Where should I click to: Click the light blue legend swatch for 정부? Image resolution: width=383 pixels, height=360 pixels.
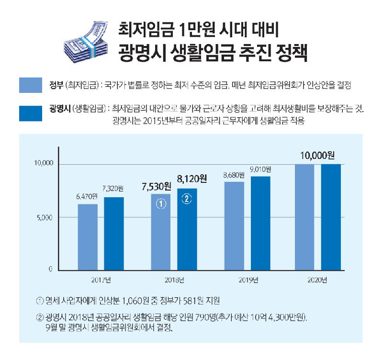coord(33,85)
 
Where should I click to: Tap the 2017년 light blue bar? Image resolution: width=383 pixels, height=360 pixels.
coord(88,237)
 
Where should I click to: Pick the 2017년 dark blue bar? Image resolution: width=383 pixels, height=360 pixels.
coord(113,234)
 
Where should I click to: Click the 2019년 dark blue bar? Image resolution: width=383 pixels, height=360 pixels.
coord(260,223)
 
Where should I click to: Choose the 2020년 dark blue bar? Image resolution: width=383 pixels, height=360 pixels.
coord(331,217)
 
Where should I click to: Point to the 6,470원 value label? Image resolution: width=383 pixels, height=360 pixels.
coord(87,196)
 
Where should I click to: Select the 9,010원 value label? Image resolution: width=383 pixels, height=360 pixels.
coord(260,169)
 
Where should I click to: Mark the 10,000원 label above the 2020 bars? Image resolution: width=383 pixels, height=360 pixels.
coord(317,155)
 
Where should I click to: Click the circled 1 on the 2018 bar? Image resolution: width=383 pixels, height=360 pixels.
coord(161,204)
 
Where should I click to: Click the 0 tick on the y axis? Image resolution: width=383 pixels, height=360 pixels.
coord(50,270)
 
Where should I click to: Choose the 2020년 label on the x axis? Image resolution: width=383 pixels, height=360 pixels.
coord(317,279)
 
